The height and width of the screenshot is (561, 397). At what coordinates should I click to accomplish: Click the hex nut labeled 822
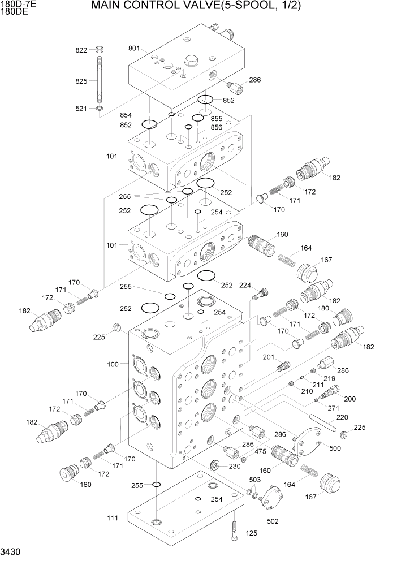[x=100, y=49]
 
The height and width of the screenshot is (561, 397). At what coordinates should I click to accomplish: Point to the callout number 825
[x=81, y=81]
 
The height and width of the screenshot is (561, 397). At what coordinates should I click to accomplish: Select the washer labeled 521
[x=100, y=108]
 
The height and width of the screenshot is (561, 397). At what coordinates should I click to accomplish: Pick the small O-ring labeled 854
[x=171, y=114]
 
